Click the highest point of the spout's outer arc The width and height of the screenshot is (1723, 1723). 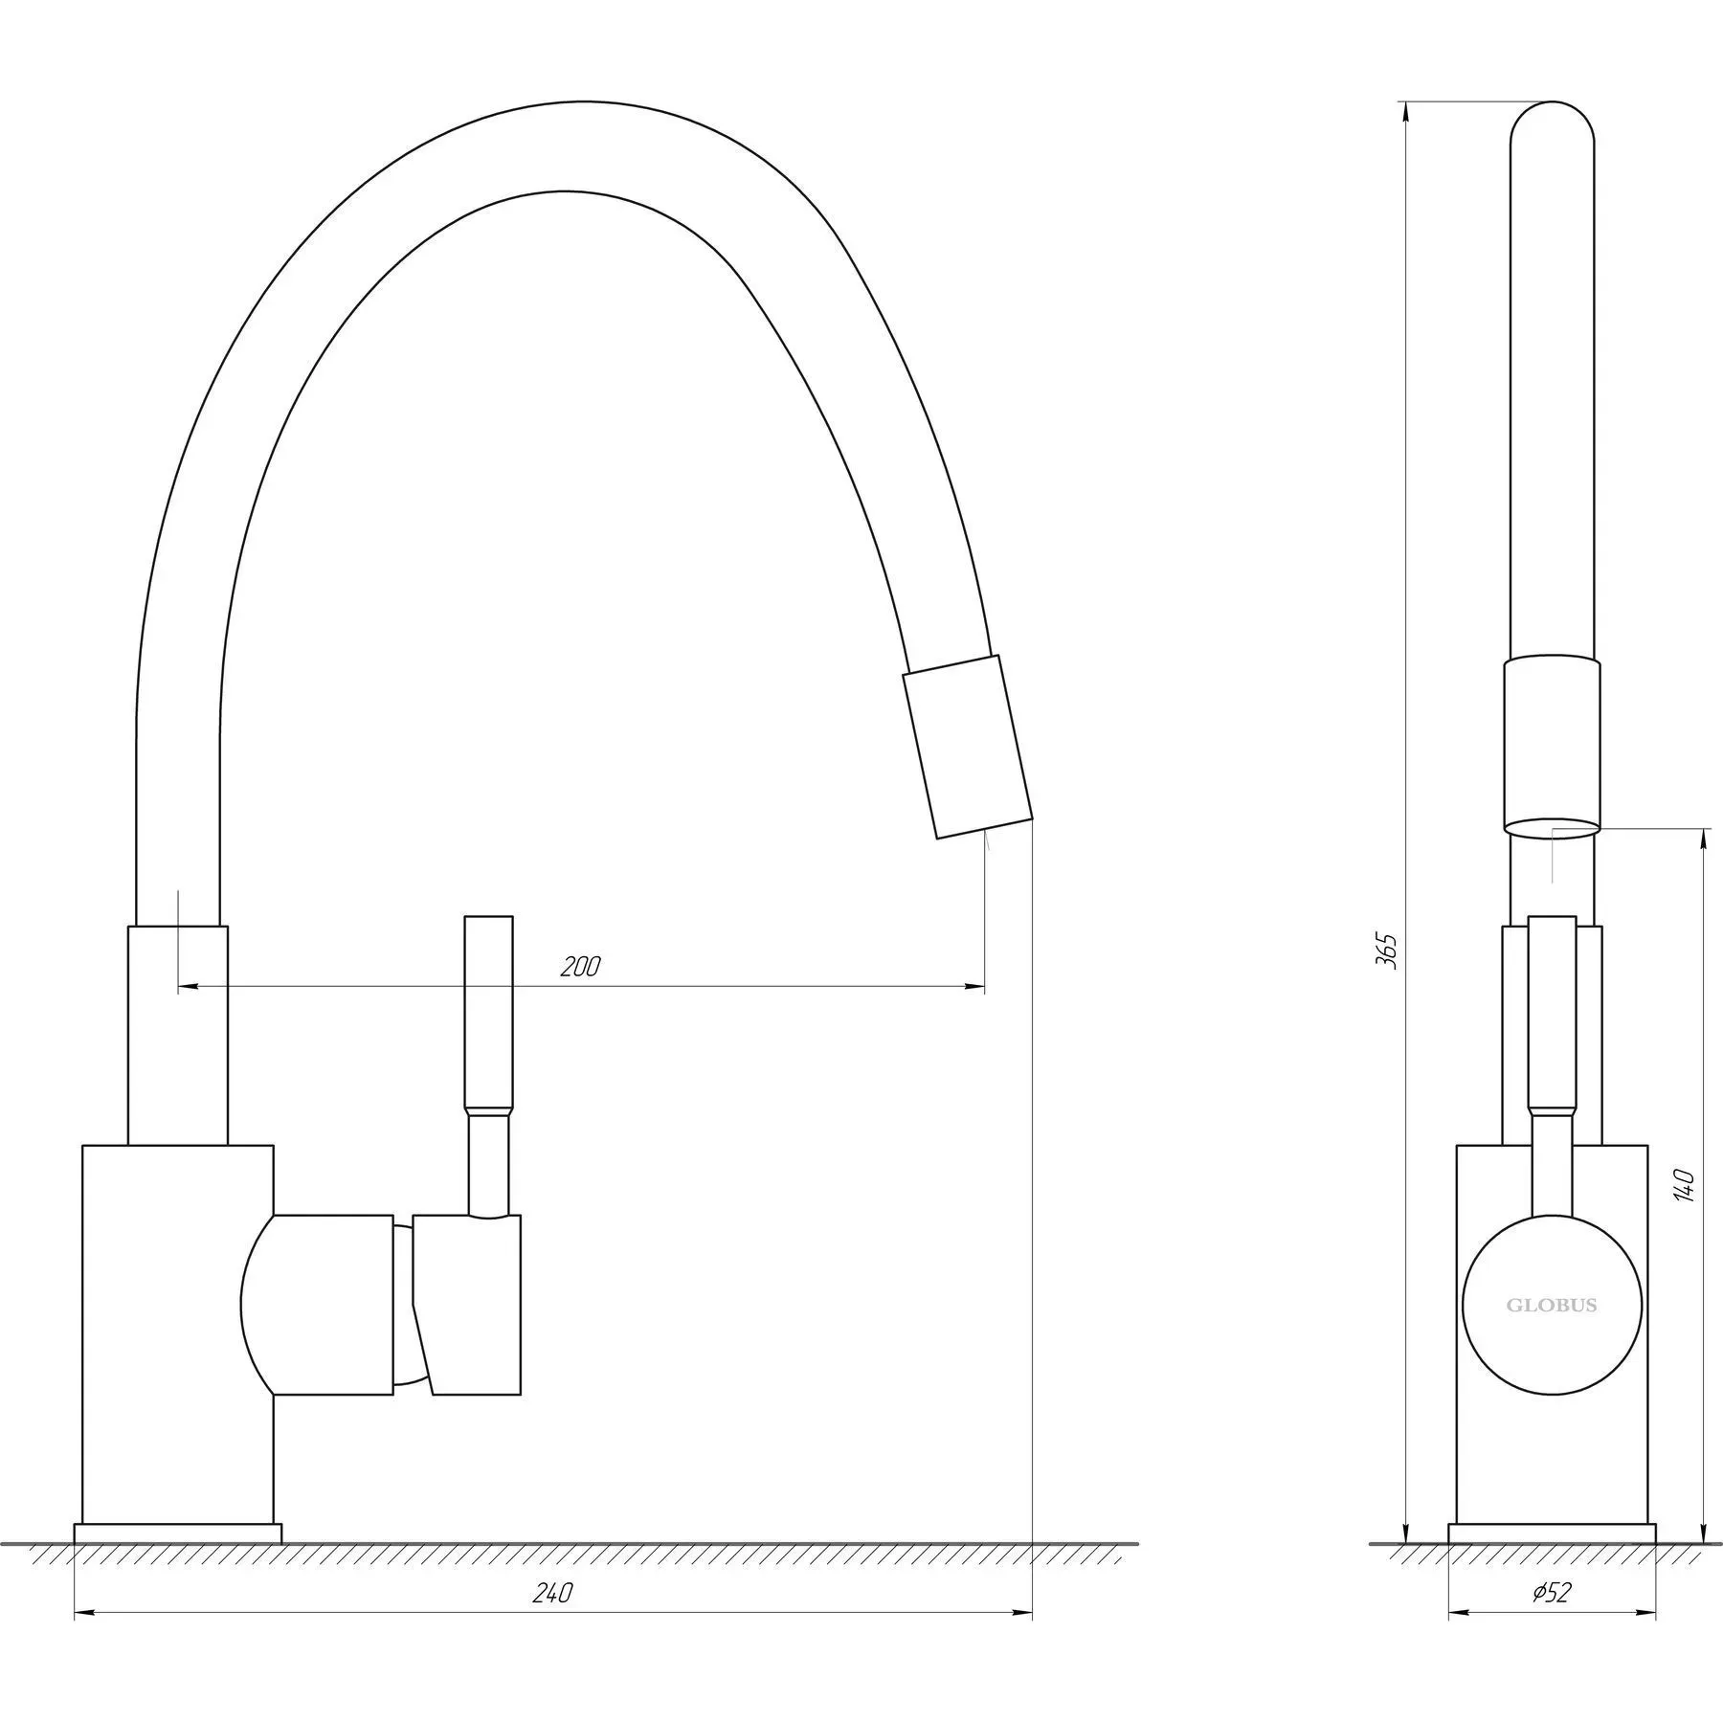click(x=584, y=101)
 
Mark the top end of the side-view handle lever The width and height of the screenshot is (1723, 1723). click(x=488, y=917)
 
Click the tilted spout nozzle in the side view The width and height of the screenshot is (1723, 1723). click(x=968, y=747)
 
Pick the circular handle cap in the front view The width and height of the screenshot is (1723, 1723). click(x=1552, y=1304)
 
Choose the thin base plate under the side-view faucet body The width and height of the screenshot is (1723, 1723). click(x=1552, y=1560)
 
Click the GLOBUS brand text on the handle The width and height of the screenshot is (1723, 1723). click(x=1552, y=1305)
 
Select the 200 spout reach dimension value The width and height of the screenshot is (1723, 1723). click(x=581, y=967)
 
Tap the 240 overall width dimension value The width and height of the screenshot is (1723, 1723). click(x=553, y=1593)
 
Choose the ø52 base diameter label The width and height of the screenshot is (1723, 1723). click(x=1552, y=1593)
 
